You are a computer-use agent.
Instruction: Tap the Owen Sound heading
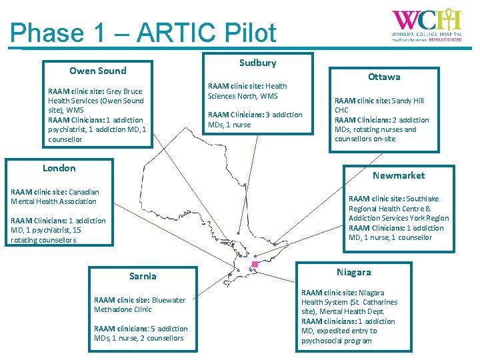pyautogui.click(x=98, y=71)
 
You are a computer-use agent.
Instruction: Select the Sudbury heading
pyautogui.click(x=257, y=63)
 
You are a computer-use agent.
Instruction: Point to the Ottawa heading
pyautogui.click(x=384, y=77)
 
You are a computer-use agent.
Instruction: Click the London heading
pyautogui.click(x=59, y=168)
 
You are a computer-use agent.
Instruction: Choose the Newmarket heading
pyautogui.click(x=398, y=175)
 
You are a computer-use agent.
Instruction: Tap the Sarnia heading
pyautogui.click(x=143, y=276)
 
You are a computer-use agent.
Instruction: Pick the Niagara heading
pyautogui.click(x=353, y=272)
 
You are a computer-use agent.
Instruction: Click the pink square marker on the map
pyautogui.click(x=255, y=265)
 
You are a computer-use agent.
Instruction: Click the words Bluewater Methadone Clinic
pyautogui.click(x=140, y=305)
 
